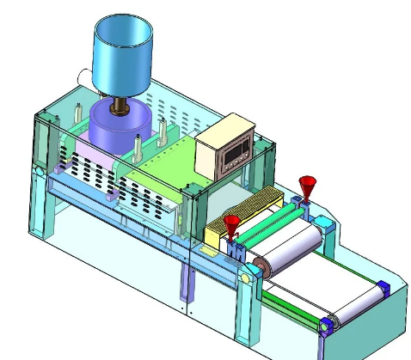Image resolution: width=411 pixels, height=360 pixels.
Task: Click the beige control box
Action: click(x=225, y=149)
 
